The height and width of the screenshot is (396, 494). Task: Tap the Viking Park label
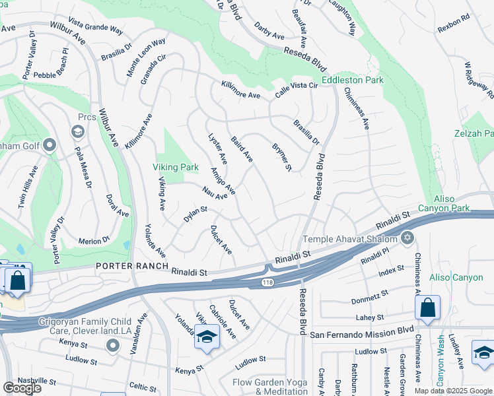coord(176,168)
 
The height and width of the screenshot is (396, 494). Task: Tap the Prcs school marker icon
coord(78,131)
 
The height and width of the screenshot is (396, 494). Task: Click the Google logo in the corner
coord(22,387)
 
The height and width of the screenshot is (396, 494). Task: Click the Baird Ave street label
coord(242,149)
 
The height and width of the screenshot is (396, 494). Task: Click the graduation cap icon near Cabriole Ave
coord(206,337)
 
